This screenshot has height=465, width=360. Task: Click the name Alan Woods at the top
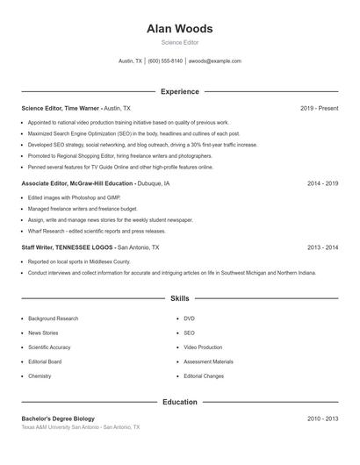pyautogui.click(x=179, y=28)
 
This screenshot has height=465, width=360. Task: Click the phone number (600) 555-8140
pyautogui.click(x=165, y=61)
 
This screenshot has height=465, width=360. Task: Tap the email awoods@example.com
pyautogui.click(x=215, y=61)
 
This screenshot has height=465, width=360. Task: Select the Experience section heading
pyautogui.click(x=179, y=91)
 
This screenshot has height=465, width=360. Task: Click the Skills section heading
pyautogui.click(x=179, y=299)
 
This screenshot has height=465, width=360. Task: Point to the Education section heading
pyautogui.click(x=179, y=402)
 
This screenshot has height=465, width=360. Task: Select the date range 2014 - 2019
pyautogui.click(x=322, y=184)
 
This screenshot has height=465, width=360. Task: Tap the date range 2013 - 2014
pyautogui.click(x=322, y=248)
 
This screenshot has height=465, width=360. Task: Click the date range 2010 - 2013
pyautogui.click(x=322, y=418)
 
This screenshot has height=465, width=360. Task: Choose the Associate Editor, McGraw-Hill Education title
pyautogui.click(x=78, y=184)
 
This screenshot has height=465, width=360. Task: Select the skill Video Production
pyautogui.click(x=203, y=347)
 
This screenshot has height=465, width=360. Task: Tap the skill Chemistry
pyautogui.click(x=40, y=376)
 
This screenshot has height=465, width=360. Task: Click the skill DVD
pyautogui.click(x=189, y=318)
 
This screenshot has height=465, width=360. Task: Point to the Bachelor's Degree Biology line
pyautogui.click(x=58, y=418)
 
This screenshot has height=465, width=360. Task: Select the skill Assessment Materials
pyautogui.click(x=208, y=361)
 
